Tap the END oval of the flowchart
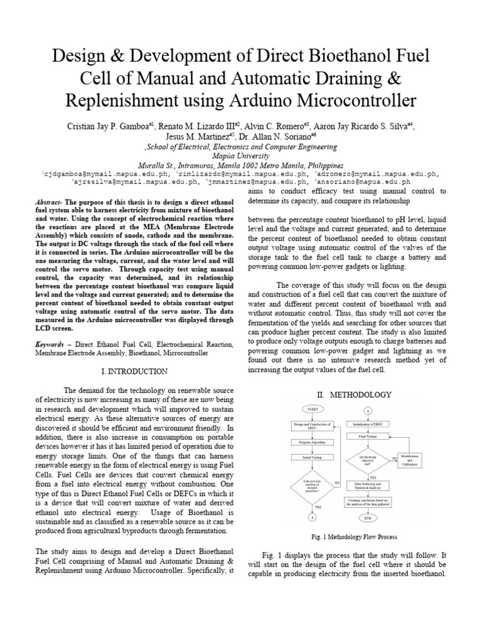coord(368,519)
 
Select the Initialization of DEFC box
coord(368,424)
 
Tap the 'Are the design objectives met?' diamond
coord(368,458)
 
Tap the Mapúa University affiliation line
coord(241,156)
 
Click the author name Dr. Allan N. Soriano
coord(273,136)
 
